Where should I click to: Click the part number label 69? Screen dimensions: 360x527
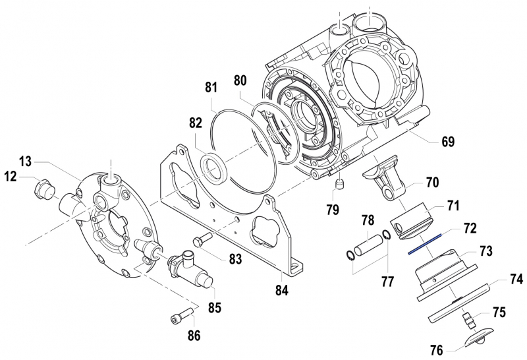[x=448, y=142]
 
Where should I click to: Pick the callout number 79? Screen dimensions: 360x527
[x=333, y=210]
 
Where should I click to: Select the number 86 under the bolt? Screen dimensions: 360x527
[x=193, y=336]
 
